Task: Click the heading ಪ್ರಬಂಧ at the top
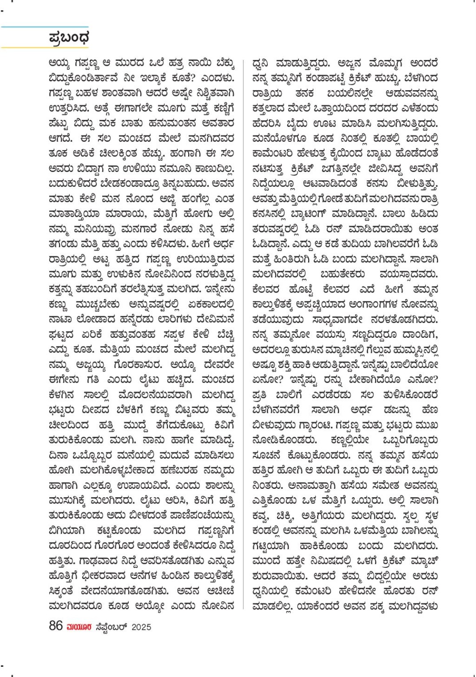point(69,38)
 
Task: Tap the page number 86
point(56,626)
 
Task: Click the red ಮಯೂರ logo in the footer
point(79,627)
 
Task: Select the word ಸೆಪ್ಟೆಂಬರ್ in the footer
point(111,627)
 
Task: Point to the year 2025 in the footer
point(141,627)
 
